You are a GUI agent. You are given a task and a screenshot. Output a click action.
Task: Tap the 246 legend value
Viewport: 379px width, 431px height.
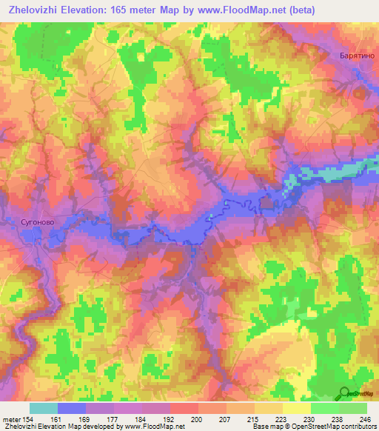coord(366,420)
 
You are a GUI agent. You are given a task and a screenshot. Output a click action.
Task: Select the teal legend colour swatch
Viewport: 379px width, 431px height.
coord(44,408)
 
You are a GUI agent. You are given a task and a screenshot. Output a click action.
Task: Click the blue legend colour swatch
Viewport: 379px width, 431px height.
coord(72,408)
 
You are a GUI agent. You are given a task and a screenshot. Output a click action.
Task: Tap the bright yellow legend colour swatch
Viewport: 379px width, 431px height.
coord(296,408)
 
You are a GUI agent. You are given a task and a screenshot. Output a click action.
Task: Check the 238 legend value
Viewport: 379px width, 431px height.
coord(338,420)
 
